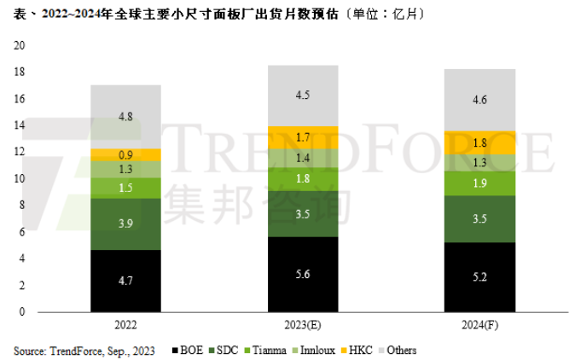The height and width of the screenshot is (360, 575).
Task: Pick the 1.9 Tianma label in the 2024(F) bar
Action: tap(479, 183)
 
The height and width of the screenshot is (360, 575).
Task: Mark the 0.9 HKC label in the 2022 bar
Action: tap(126, 155)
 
